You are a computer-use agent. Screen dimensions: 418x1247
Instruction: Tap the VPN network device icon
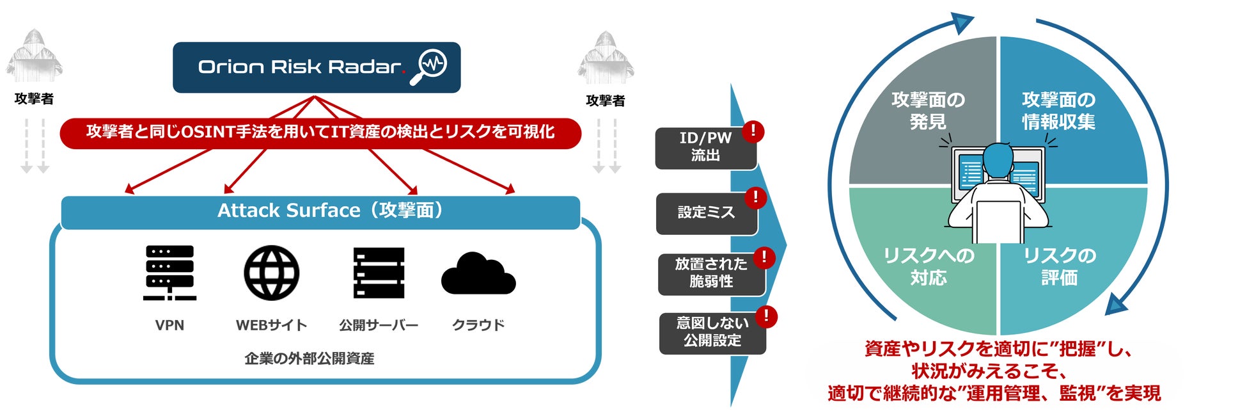coord(169,272)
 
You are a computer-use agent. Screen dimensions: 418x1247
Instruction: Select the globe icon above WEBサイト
coord(272,273)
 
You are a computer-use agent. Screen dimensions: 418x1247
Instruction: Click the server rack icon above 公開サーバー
coord(379,273)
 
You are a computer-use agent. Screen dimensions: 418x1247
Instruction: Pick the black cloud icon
coord(478,274)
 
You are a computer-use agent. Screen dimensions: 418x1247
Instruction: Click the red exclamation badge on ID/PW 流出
coord(753,131)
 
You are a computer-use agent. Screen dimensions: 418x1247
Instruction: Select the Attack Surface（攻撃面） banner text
coord(331,211)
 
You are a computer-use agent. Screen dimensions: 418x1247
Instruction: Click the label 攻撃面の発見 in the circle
coord(928,111)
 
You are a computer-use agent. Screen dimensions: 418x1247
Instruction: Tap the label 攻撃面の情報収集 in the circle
coord(1058,111)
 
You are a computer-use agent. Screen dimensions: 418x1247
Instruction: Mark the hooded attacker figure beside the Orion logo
coord(605,59)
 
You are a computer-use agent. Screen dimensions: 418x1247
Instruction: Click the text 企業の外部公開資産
coord(310,358)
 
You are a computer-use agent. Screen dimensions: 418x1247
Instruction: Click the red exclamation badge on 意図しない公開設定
coord(766,316)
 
